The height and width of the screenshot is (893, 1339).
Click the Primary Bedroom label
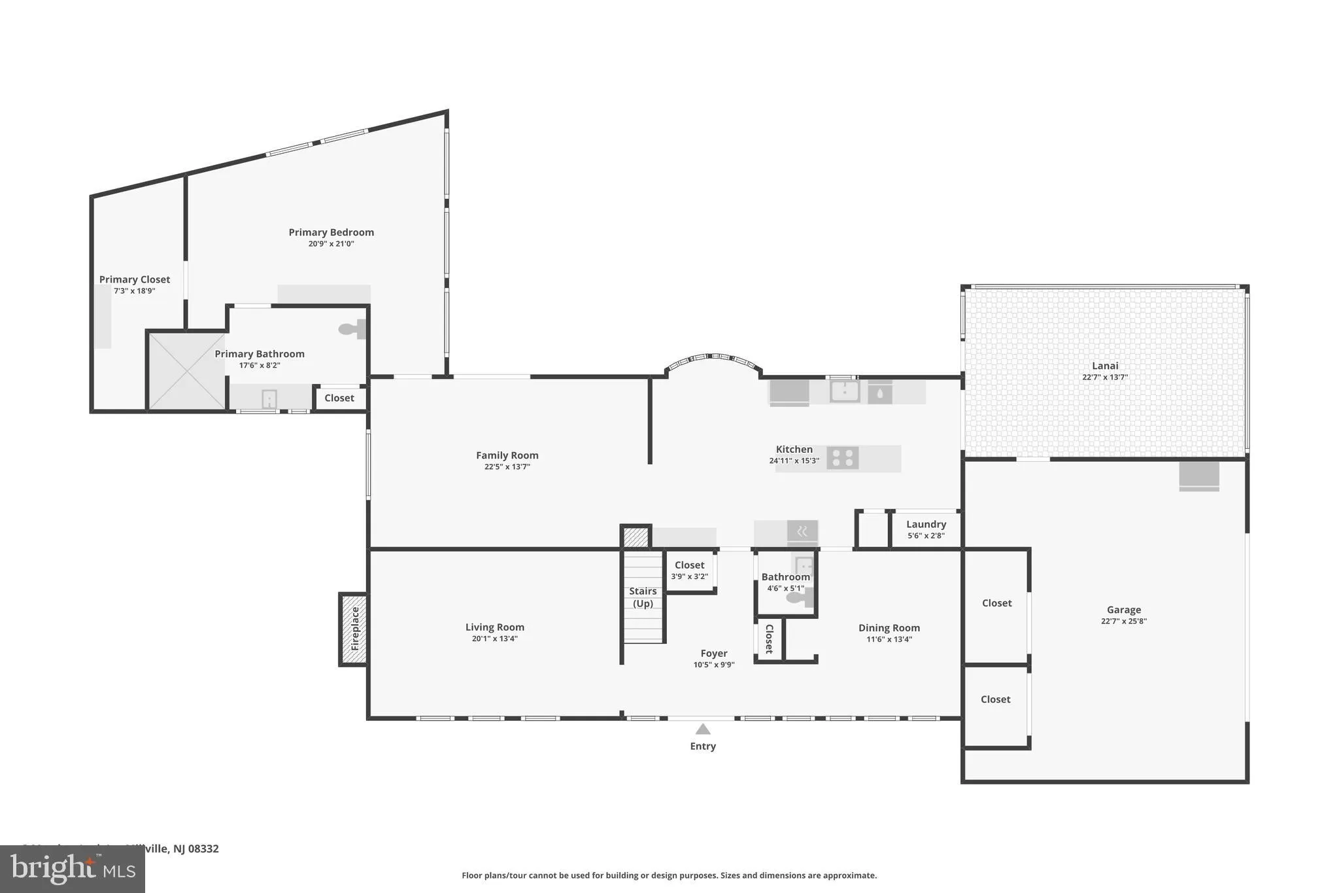coord(331,232)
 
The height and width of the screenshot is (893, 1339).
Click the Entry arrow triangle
coord(703,729)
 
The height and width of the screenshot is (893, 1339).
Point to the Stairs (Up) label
coord(643,597)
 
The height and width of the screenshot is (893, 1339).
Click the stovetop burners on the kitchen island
coord(843,458)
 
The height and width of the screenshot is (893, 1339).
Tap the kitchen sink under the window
coord(845,392)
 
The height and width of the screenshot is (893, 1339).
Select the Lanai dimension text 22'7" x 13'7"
coord(1105,377)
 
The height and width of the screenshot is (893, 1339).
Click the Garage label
coord(1123,609)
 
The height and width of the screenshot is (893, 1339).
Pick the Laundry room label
coord(926,524)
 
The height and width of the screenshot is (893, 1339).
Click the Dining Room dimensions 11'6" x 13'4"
coord(889,639)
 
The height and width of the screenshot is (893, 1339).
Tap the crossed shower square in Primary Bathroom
coord(187,372)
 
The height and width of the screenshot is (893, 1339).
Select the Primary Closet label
coord(135,279)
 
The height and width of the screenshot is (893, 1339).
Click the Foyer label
coord(713,653)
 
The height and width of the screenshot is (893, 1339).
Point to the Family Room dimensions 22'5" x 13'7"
coord(507,467)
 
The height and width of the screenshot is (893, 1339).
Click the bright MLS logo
coord(72,869)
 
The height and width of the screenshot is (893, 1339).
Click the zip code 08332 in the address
coord(203,849)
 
